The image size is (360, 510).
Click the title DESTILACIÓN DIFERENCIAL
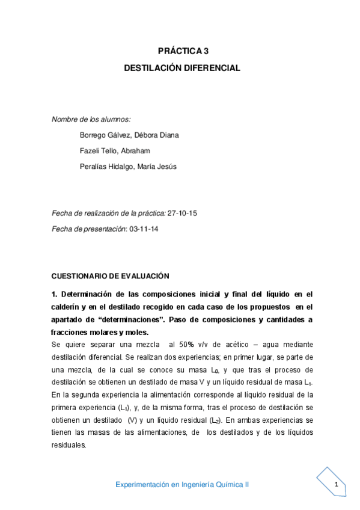click(x=182, y=68)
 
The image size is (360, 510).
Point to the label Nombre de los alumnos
click(x=91, y=119)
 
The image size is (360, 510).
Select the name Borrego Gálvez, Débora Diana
click(x=129, y=135)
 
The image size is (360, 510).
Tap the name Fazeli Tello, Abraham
click(x=114, y=150)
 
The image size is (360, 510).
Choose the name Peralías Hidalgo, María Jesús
click(x=128, y=167)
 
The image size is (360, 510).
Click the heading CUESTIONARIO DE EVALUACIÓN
click(x=111, y=275)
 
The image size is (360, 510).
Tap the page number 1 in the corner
click(x=337, y=485)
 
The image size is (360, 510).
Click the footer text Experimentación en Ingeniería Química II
click(x=182, y=485)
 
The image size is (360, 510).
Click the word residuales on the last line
click(x=70, y=446)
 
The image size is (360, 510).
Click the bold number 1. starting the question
click(x=56, y=294)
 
